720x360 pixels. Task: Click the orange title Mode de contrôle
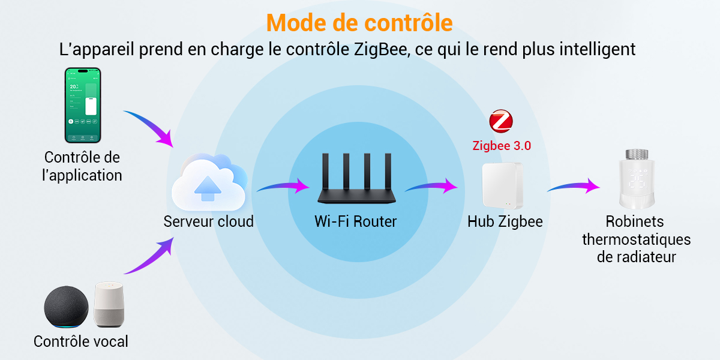pos(359,23)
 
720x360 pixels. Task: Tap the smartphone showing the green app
pos(83,105)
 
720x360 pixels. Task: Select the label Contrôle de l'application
pos(82,167)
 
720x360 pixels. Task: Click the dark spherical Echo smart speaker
pos(66,307)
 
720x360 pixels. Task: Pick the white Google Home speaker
pos(109,304)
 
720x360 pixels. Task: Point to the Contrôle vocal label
pos(80,341)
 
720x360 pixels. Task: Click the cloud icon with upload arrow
pos(209,182)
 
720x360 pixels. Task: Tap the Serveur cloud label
pos(209,221)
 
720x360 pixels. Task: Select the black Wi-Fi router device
pos(356,178)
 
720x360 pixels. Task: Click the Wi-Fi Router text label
pos(355,221)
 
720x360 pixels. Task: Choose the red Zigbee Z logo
pos(501,121)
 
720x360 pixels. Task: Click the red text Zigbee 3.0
pos(502,146)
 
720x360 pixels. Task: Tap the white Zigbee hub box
pos(502,185)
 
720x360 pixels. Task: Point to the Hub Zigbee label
pos(505,221)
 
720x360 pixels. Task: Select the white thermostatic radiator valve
pos(637,179)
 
